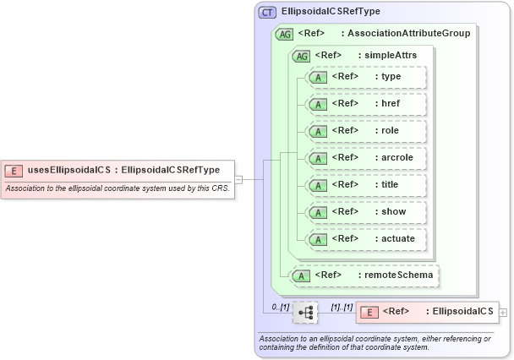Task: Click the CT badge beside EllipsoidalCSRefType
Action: (x=267, y=12)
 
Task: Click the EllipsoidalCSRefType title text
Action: (x=331, y=12)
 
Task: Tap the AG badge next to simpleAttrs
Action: (x=300, y=56)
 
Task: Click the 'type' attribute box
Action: (x=366, y=77)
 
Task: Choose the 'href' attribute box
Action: (x=366, y=104)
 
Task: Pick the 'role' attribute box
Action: (x=366, y=131)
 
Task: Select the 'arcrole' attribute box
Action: (x=366, y=158)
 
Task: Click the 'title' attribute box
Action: (x=366, y=185)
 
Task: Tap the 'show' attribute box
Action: (x=366, y=212)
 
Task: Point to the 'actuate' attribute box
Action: (x=366, y=239)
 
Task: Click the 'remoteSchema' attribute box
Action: (x=365, y=275)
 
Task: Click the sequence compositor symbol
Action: (x=305, y=313)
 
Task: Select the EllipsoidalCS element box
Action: (x=427, y=312)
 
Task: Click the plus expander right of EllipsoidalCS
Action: (x=504, y=312)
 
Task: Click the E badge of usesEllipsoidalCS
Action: (x=14, y=170)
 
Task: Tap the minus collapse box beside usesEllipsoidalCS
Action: (x=238, y=179)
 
